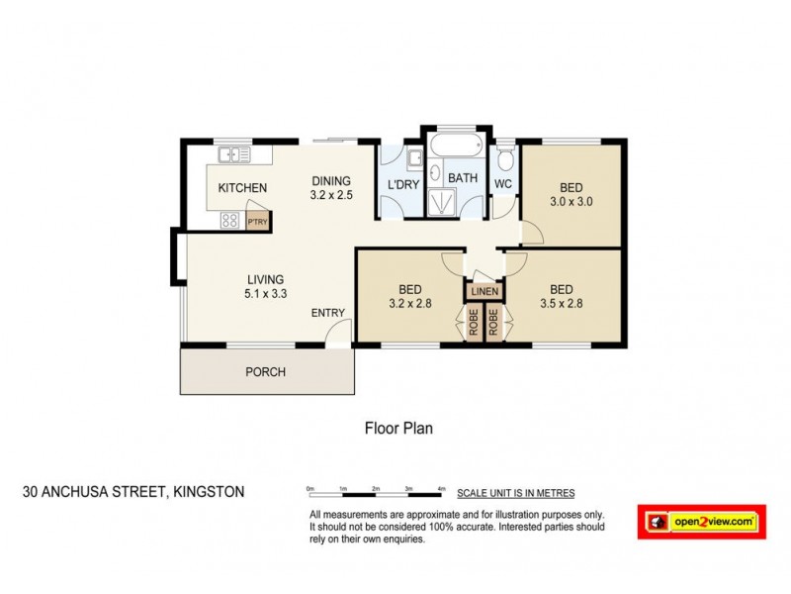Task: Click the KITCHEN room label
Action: [242, 188]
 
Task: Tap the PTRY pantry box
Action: [258, 222]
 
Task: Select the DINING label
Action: [331, 180]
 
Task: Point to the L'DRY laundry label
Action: [401, 185]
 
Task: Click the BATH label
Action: [463, 179]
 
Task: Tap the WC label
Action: [502, 184]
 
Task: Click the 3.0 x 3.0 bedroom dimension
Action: [571, 202]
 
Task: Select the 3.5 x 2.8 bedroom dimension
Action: [561, 304]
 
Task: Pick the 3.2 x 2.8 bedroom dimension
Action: [411, 304]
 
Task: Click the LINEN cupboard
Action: [484, 292]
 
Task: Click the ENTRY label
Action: [328, 313]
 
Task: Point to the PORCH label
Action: [265, 372]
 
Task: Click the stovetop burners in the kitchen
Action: [229, 221]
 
